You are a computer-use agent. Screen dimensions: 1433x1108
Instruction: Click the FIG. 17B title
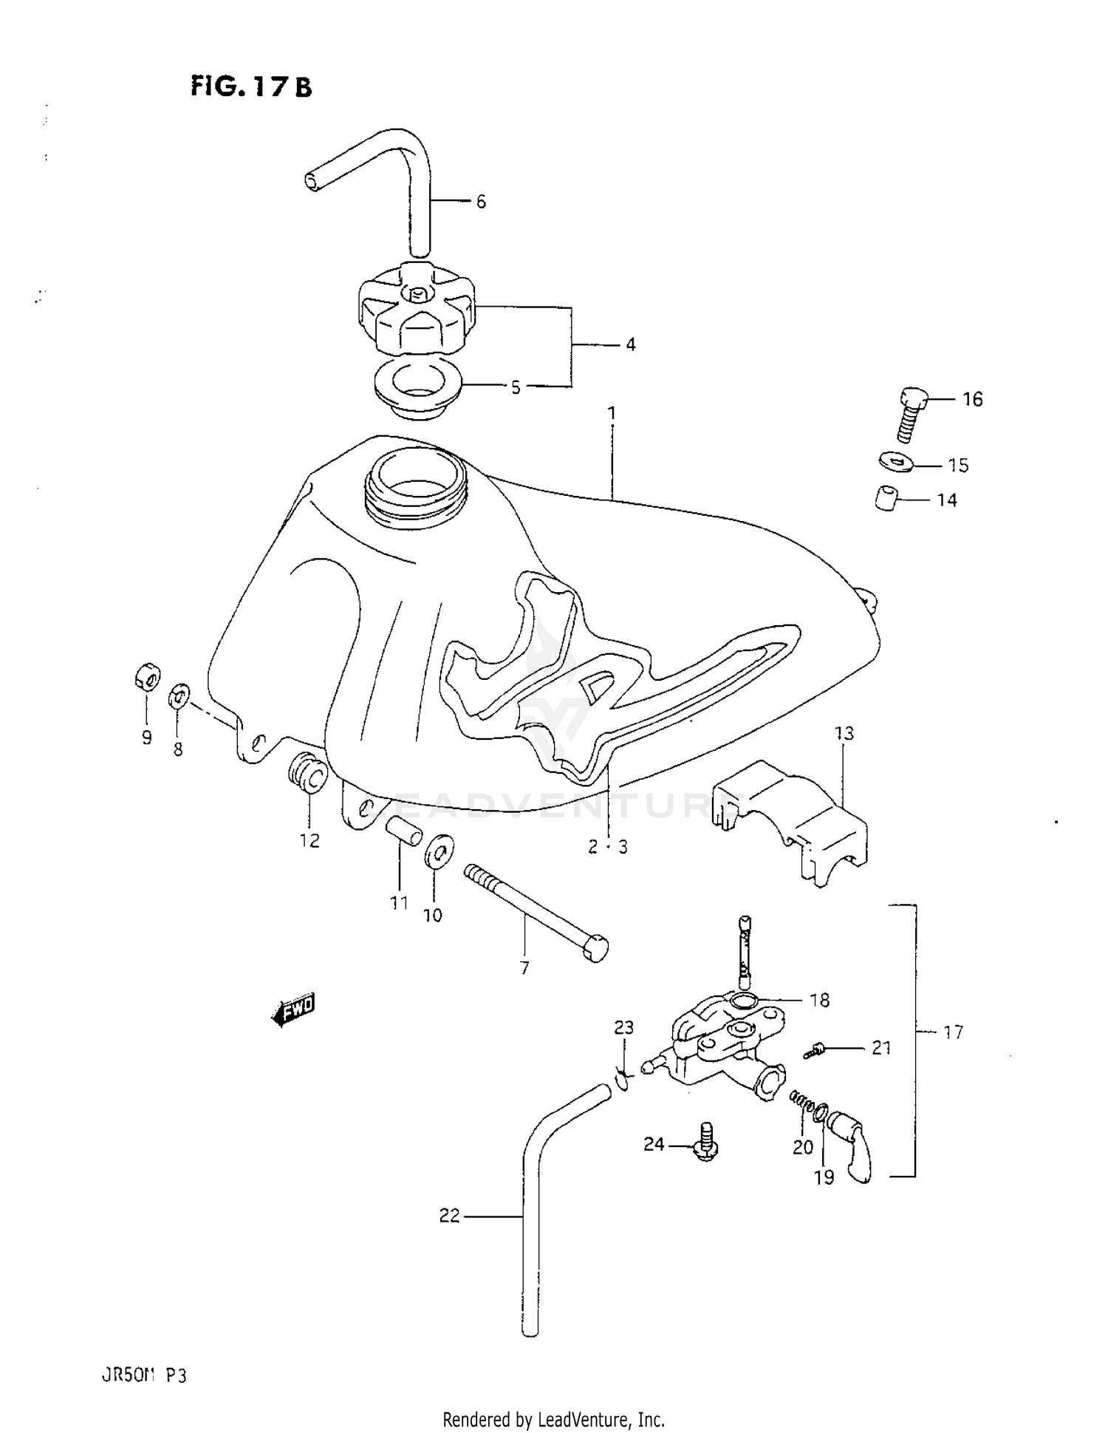point(251,86)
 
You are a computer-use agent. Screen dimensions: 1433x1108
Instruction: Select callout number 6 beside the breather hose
point(481,202)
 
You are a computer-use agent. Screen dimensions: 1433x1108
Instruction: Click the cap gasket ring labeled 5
point(416,389)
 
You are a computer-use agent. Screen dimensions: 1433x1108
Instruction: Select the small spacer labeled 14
point(886,498)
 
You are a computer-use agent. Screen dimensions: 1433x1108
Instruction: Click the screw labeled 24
point(705,1143)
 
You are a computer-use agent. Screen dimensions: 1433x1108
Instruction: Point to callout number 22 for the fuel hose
point(449,1215)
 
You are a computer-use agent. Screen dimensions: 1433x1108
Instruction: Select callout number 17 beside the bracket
point(953,1032)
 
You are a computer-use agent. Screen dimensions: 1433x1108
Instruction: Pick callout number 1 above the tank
point(611,414)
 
